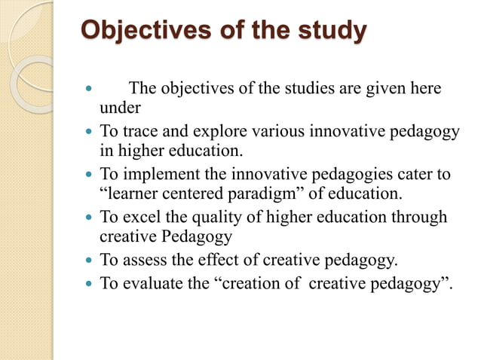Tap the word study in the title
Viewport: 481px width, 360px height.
[x=329, y=32]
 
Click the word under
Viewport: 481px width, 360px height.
[x=115, y=106]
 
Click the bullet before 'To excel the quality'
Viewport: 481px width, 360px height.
[x=90, y=218]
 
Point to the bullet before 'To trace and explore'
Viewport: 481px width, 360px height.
[x=90, y=133]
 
